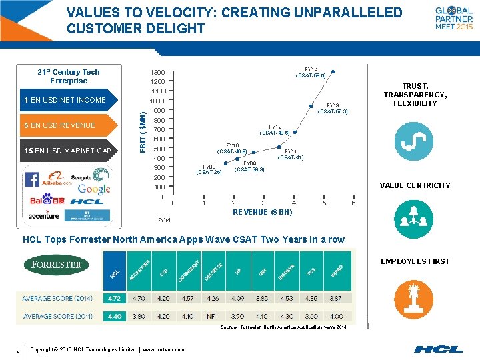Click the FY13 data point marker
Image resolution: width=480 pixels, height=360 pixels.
click(x=310, y=105)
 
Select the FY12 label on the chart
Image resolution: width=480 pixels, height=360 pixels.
click(x=275, y=127)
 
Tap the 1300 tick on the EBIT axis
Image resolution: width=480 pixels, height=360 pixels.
click(x=158, y=72)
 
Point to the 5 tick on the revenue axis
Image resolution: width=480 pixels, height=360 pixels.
click(x=324, y=203)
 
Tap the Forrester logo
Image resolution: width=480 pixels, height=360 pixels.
click(x=56, y=265)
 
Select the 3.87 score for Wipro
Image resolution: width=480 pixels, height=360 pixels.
click(x=337, y=298)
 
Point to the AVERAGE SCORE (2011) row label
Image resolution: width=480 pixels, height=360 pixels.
click(x=57, y=316)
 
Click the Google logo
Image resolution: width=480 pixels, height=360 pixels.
click(x=94, y=189)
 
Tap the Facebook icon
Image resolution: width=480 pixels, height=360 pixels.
click(x=31, y=179)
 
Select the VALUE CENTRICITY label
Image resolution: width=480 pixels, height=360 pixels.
click(x=415, y=185)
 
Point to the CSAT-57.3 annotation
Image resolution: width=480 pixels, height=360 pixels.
click(x=333, y=111)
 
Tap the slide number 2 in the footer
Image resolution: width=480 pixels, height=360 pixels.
click(x=18, y=349)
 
